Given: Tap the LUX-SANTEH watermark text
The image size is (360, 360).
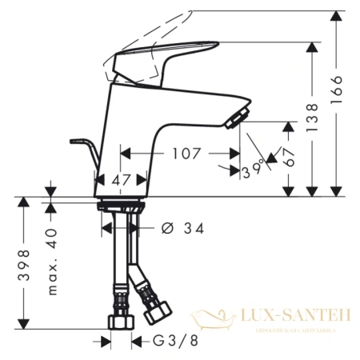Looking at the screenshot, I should coord(296,318).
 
